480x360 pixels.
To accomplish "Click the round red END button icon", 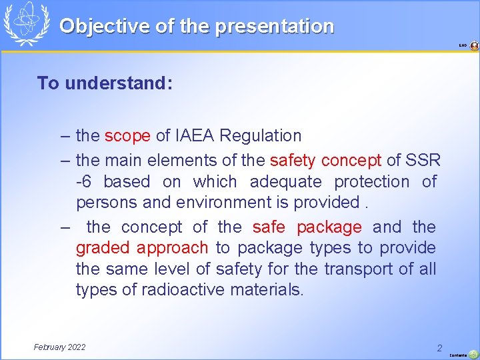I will pos(474,46).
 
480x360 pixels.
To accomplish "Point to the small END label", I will pos(463,46).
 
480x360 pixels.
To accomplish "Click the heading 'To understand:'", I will pos(105,83).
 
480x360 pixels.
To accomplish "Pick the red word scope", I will pos(127,136).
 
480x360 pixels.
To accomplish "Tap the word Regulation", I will pos(260,136).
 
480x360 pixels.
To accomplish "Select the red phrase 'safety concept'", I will pos(325,160).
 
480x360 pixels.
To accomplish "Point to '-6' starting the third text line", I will pos(84,182).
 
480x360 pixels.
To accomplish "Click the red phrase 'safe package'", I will pos(307,227).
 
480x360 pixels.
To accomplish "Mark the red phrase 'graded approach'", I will pos(142,248).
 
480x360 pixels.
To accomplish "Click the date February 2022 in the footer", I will pos(59,347).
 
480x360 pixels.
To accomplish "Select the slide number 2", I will pos(439,348).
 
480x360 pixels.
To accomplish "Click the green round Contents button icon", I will pos(473,354).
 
